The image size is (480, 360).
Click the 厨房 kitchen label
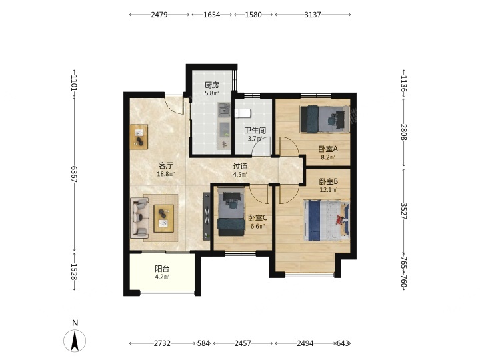coord(212,85)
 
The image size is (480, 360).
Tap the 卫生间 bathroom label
coord(255,131)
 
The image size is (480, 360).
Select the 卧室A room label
coord(328,149)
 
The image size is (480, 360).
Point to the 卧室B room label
coord(329,181)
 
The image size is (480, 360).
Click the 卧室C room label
coord(257,217)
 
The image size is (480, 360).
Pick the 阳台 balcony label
coord(162,269)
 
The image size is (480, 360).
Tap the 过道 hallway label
coord(240,166)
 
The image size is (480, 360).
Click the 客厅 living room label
coord(165,165)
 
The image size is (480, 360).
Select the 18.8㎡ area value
coord(165,175)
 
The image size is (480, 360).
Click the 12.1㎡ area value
coord(329,190)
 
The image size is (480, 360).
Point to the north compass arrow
coord(75,341)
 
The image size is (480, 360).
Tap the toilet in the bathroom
coord(243,113)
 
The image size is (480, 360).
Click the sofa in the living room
coord(139,217)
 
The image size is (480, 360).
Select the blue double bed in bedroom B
coord(326,221)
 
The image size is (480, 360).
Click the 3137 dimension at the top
coord(313,15)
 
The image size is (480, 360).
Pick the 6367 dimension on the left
coord(74,174)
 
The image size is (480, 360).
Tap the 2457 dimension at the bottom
coord(243,343)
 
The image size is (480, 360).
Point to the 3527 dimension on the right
coord(404,211)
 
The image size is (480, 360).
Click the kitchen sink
coord(224,110)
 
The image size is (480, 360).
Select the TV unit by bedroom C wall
coord(206,217)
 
